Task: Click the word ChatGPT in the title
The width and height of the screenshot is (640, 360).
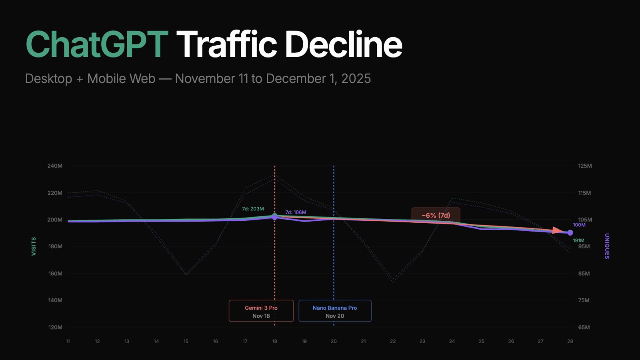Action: pyautogui.click(x=97, y=44)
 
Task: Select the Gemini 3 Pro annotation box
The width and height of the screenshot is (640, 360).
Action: pyautogui.click(x=261, y=311)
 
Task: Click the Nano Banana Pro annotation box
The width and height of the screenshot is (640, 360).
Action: pyautogui.click(x=335, y=311)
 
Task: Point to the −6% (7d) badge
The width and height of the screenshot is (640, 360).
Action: pyautogui.click(x=436, y=215)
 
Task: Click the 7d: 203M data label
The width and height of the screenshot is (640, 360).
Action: pyautogui.click(x=253, y=209)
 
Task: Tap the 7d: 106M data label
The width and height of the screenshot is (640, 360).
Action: pyautogui.click(x=295, y=212)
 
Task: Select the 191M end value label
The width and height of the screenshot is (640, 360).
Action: pyautogui.click(x=578, y=241)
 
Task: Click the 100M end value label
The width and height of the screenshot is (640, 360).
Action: pyautogui.click(x=579, y=225)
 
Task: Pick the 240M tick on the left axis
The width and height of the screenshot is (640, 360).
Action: pyautogui.click(x=55, y=166)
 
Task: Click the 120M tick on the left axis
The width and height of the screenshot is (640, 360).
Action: pyautogui.click(x=55, y=327)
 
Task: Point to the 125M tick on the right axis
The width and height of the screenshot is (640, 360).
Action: pyautogui.click(x=585, y=166)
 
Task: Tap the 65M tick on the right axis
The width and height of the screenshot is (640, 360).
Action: pyautogui.click(x=584, y=327)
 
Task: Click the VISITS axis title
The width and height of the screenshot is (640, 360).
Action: pyautogui.click(x=33, y=246)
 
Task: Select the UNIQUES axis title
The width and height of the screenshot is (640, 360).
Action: pyautogui.click(x=607, y=246)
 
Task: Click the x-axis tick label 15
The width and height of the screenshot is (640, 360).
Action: pyautogui.click(x=186, y=341)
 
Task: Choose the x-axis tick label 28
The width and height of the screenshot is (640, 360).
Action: pyautogui.click(x=570, y=341)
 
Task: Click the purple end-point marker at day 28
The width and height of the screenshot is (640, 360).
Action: pyautogui.click(x=570, y=233)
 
